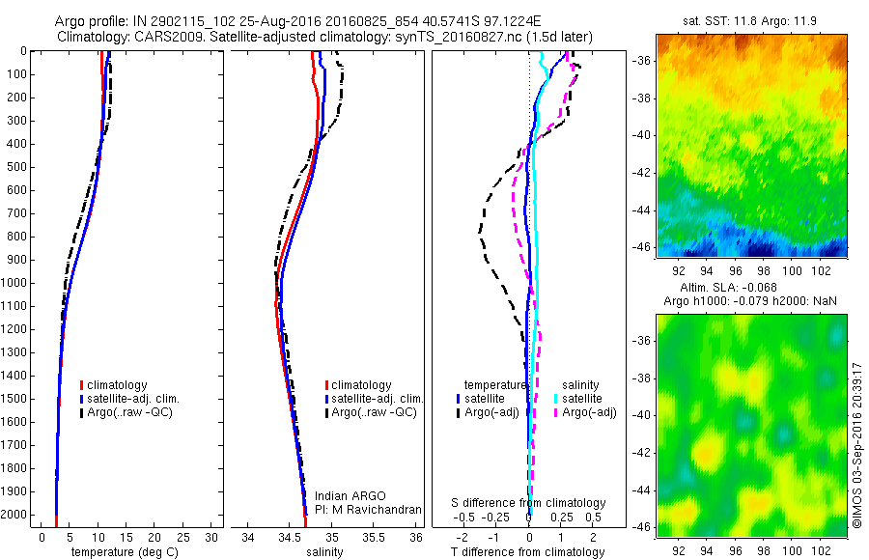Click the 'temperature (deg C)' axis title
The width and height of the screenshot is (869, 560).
(x=121, y=552)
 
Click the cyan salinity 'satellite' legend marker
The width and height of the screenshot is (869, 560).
(x=556, y=399)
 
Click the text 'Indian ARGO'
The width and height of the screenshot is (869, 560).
(x=347, y=496)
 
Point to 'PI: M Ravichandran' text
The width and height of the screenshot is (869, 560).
(x=369, y=510)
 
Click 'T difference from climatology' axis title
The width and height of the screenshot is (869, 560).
(x=527, y=552)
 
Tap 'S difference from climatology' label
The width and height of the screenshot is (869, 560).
(x=529, y=503)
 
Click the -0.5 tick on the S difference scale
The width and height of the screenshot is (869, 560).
(x=470, y=517)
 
